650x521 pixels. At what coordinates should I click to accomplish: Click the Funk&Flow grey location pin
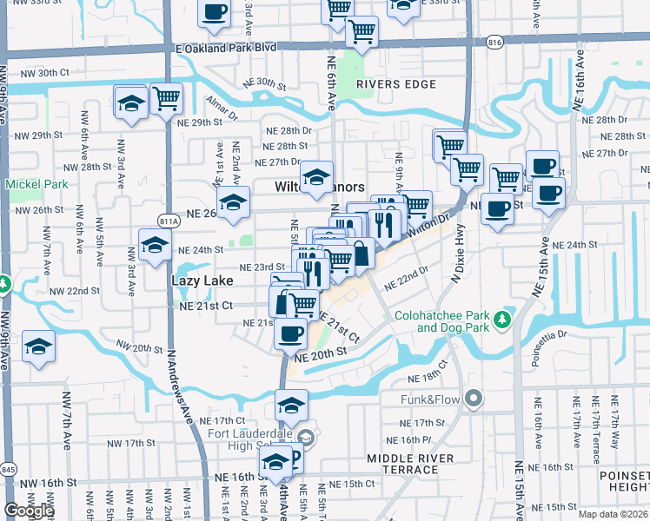click(473, 399)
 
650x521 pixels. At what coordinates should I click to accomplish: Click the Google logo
click(29, 511)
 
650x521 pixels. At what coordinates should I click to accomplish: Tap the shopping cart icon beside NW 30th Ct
click(166, 98)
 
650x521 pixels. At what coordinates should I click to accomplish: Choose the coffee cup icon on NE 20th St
click(290, 332)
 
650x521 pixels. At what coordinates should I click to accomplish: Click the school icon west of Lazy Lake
click(155, 246)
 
